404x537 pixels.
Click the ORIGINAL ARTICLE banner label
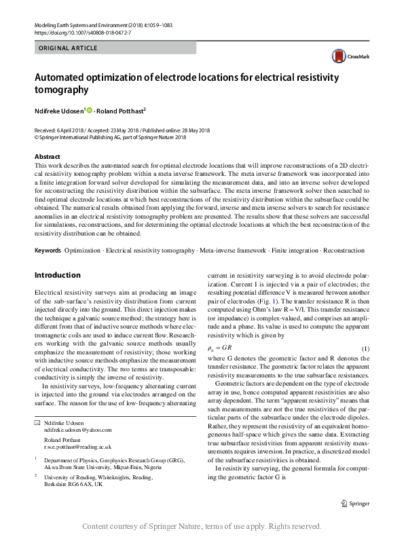69,48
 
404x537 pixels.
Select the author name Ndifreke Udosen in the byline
59,110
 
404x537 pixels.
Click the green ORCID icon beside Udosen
89,110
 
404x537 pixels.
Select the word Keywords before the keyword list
48,251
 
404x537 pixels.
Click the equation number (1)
365,348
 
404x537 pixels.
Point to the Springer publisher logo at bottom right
354,503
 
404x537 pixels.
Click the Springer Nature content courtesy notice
201,526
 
